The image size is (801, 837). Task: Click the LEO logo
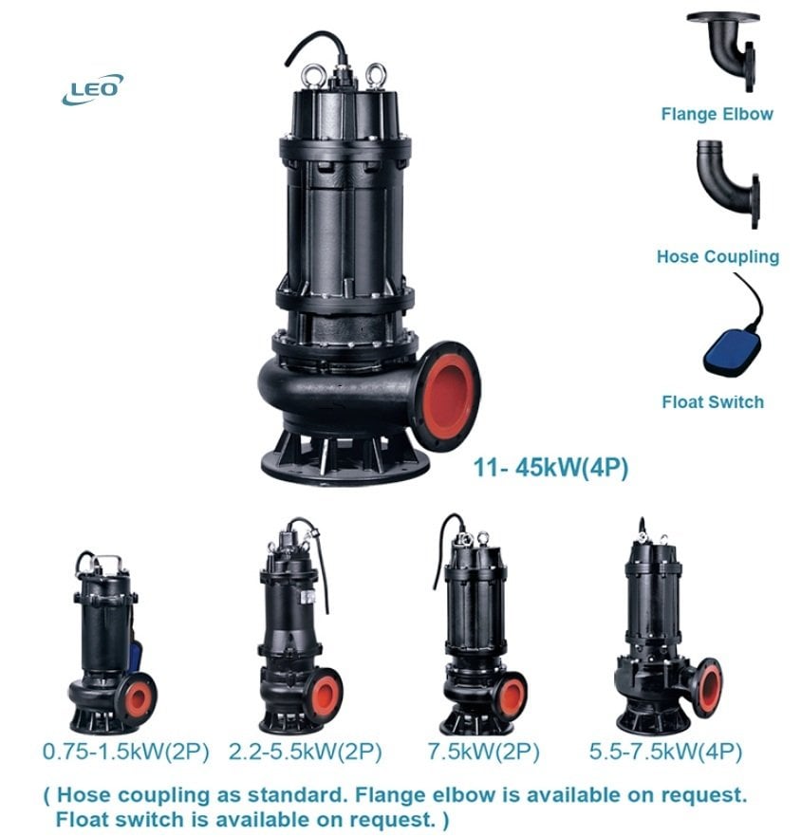click(92, 90)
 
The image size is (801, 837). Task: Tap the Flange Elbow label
click(717, 114)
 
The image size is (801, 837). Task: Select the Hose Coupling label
click(717, 256)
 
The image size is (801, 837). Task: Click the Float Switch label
click(712, 401)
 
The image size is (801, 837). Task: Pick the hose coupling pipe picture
click(725, 183)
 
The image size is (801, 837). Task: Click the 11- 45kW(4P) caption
click(550, 467)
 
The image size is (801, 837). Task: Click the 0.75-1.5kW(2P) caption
click(128, 752)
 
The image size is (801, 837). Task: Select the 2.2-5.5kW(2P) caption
click(306, 752)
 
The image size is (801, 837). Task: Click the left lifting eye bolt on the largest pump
click(339, 71)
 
